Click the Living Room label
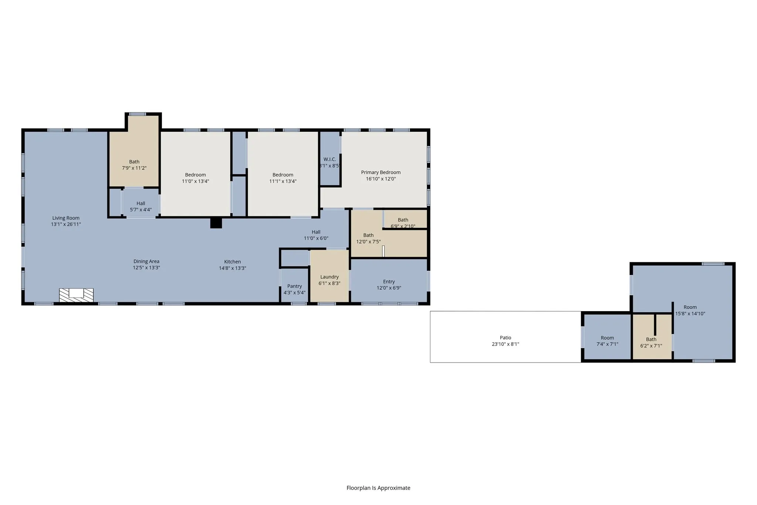[66, 218]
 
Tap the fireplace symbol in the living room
[77, 295]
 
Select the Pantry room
[295, 285]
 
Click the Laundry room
[329, 276]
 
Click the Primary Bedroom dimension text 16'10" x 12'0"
[381, 179]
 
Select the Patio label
[506, 337]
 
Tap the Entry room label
[389, 282]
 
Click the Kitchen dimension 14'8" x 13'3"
[232, 268]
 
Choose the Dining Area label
[146, 261]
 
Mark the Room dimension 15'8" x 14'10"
[690, 314]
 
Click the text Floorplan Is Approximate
[378, 488]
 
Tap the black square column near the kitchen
[216, 223]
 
